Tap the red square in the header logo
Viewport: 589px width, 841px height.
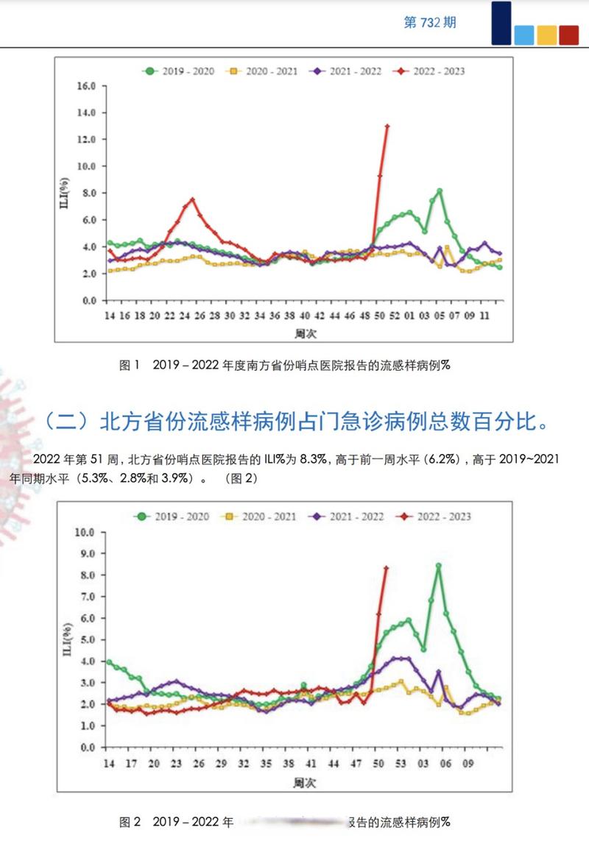(568, 35)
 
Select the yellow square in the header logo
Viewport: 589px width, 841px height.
(546, 35)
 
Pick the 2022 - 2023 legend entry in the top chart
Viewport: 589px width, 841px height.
(439, 71)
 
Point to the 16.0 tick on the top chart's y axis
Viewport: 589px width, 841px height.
(86, 86)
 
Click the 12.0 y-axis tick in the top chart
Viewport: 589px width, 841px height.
(86, 140)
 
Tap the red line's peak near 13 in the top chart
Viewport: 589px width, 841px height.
(387, 126)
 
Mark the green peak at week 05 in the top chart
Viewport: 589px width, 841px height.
(439, 191)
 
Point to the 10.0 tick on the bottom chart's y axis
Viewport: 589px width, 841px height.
(86, 532)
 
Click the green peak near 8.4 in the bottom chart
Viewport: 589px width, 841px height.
(438, 566)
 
